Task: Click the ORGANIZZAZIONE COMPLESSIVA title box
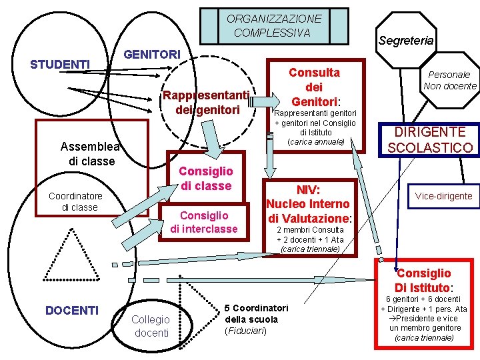pyautogui.click(x=273, y=26)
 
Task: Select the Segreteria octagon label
pyautogui.click(x=405, y=41)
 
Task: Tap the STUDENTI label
pyautogui.click(x=61, y=64)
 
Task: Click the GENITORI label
pyautogui.click(x=153, y=53)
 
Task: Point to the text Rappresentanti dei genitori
pyautogui.click(x=207, y=102)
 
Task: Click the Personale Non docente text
pyautogui.click(x=449, y=80)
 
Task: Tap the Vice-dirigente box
pyautogui.click(x=443, y=195)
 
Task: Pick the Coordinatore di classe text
pyautogui.click(x=75, y=201)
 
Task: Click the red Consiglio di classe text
pyautogui.click(x=206, y=179)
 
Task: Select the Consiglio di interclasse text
pyautogui.click(x=204, y=222)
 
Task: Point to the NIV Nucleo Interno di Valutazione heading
pyautogui.click(x=309, y=203)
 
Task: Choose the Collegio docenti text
pyautogui.click(x=151, y=326)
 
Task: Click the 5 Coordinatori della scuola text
pyautogui.click(x=256, y=319)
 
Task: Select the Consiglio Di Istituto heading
pyautogui.click(x=423, y=280)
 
